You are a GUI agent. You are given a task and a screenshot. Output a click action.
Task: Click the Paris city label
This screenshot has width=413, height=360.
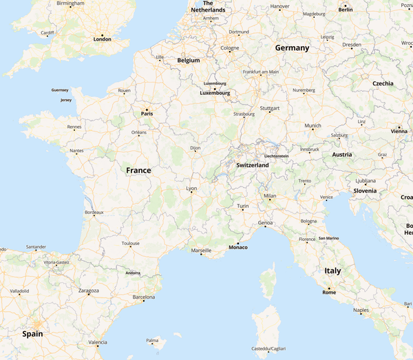(146, 114)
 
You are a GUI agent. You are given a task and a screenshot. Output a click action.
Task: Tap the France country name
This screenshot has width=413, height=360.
(138, 170)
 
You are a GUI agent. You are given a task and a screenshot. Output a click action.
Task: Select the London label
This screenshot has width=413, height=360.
(102, 39)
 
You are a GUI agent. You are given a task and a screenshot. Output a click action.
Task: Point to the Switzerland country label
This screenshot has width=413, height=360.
(252, 165)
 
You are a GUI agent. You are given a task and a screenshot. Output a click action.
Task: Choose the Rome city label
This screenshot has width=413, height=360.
(329, 293)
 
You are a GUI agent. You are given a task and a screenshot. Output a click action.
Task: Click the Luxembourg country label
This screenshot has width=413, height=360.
(215, 93)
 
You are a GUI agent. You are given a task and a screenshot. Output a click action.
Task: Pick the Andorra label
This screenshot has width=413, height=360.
(133, 273)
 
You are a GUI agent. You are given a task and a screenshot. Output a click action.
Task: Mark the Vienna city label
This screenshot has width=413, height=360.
(399, 131)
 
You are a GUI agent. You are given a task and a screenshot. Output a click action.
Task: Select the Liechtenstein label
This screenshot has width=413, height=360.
(276, 156)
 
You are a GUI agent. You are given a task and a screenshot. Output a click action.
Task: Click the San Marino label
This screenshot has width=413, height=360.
(328, 238)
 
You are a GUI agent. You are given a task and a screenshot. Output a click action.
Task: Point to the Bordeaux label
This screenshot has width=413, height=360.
(94, 213)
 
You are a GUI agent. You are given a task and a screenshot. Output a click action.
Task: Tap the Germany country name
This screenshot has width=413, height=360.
(292, 48)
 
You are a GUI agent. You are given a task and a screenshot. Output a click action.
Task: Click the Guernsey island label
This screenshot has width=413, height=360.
(60, 90)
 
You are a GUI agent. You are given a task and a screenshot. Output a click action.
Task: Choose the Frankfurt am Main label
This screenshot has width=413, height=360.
(261, 72)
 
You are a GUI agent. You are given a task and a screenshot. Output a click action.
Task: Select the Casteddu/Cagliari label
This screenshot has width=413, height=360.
(268, 348)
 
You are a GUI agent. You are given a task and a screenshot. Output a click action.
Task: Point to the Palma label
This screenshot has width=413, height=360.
(152, 340)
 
